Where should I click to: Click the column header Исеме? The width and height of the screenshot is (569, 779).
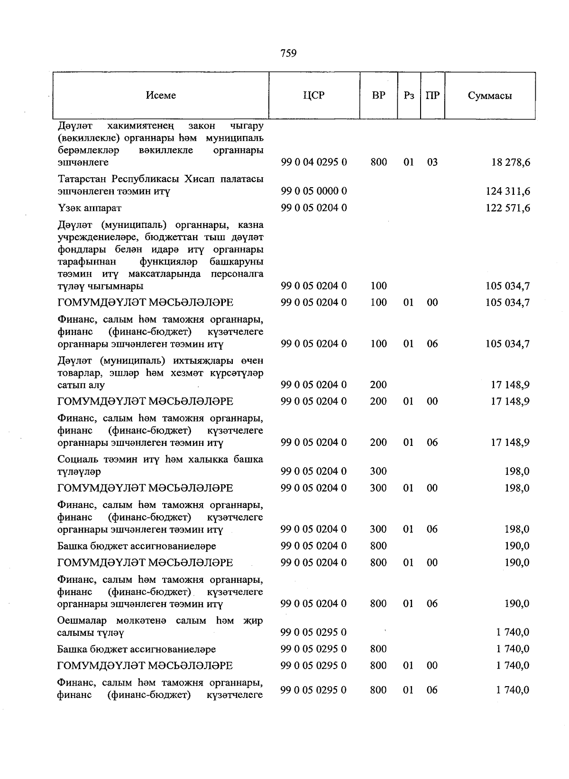tap(161, 95)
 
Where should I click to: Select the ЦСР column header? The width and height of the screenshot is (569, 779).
tap(313, 95)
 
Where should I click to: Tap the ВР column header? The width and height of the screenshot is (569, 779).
tap(378, 95)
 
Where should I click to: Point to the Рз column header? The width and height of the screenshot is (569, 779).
tap(409, 95)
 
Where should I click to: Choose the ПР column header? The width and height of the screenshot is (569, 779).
tap(432, 95)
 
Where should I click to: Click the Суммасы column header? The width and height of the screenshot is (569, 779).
tap(490, 95)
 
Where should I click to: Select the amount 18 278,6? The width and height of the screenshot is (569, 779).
tap(511, 163)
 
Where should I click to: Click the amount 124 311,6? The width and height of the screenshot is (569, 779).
tap(507, 191)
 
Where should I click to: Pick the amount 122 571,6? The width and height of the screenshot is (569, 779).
tap(507, 208)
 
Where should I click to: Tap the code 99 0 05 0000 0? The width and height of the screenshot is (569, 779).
tap(313, 191)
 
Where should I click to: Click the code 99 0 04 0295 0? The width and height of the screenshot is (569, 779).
tap(313, 163)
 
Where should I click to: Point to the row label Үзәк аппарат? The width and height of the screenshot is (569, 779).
tap(89, 208)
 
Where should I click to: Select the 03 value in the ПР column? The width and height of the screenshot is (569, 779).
tap(432, 163)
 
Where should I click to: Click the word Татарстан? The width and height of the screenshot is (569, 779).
tap(82, 180)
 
